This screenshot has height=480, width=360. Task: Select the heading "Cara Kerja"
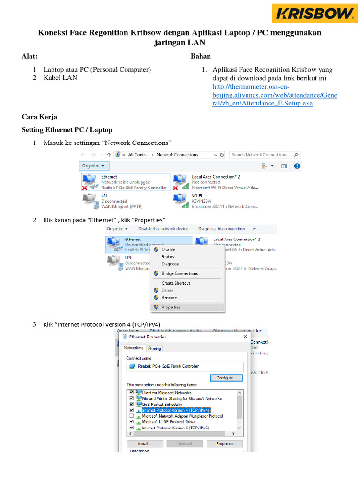[39, 117]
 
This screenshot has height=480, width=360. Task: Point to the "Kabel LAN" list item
[60, 78]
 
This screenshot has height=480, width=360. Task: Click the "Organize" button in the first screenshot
[94, 166]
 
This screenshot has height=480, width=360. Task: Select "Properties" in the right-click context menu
[171, 307]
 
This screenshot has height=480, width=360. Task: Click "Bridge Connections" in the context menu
[180, 273]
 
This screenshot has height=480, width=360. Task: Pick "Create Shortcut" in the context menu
[176, 283]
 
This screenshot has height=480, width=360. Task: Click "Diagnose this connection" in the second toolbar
[222, 229]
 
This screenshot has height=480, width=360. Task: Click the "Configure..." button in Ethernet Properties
[227, 377]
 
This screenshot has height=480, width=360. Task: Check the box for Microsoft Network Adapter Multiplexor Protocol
[132, 416]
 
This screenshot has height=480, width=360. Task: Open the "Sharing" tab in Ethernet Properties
[154, 348]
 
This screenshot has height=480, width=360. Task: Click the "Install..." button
[144, 443]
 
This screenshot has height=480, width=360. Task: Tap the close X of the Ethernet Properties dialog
[245, 337]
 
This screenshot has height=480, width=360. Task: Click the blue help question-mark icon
[296, 166]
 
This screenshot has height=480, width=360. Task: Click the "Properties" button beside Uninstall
[225, 443]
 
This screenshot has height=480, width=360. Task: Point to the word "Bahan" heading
[201, 57]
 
